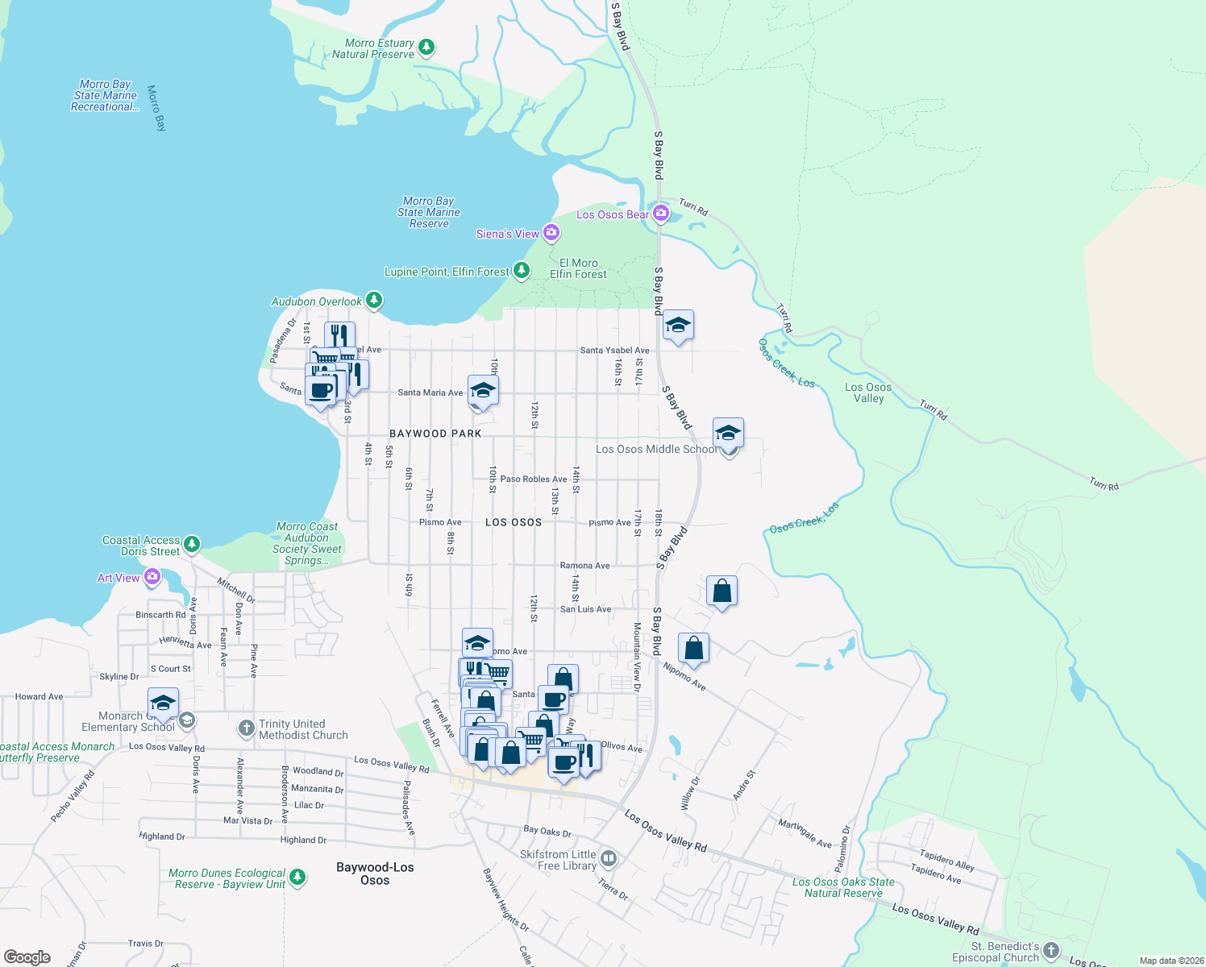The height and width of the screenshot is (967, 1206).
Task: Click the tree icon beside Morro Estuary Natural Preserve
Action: [427, 48]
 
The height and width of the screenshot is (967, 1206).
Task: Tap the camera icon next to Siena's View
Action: [551, 233]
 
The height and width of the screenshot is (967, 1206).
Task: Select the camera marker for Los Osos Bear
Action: [661, 214]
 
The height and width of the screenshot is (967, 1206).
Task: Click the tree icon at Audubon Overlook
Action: [373, 301]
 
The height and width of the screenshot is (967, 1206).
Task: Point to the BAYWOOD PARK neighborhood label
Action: [435, 434]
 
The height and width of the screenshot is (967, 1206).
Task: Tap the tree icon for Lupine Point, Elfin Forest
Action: [522, 270]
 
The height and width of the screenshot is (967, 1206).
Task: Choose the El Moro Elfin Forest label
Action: [578, 268]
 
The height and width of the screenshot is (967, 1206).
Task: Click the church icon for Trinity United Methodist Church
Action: [246, 728]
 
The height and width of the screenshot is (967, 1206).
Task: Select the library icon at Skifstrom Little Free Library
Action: [609, 859]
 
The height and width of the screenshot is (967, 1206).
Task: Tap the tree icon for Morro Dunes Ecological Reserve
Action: [297, 877]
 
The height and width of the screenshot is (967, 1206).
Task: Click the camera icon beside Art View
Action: [152, 578]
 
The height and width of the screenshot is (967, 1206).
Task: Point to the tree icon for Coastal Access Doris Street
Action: [192, 545]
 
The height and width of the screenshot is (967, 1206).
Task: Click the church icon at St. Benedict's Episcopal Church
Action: [1050, 950]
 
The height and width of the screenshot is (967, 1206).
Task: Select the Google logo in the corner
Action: [27, 957]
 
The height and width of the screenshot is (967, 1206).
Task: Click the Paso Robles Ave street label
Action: [533, 479]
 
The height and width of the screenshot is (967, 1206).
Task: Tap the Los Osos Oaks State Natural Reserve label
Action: [843, 887]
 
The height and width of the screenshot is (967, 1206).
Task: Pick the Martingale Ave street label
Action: [805, 833]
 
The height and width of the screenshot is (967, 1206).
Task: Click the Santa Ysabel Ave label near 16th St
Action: [614, 351]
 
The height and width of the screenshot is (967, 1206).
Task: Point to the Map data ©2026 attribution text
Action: [1171, 960]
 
